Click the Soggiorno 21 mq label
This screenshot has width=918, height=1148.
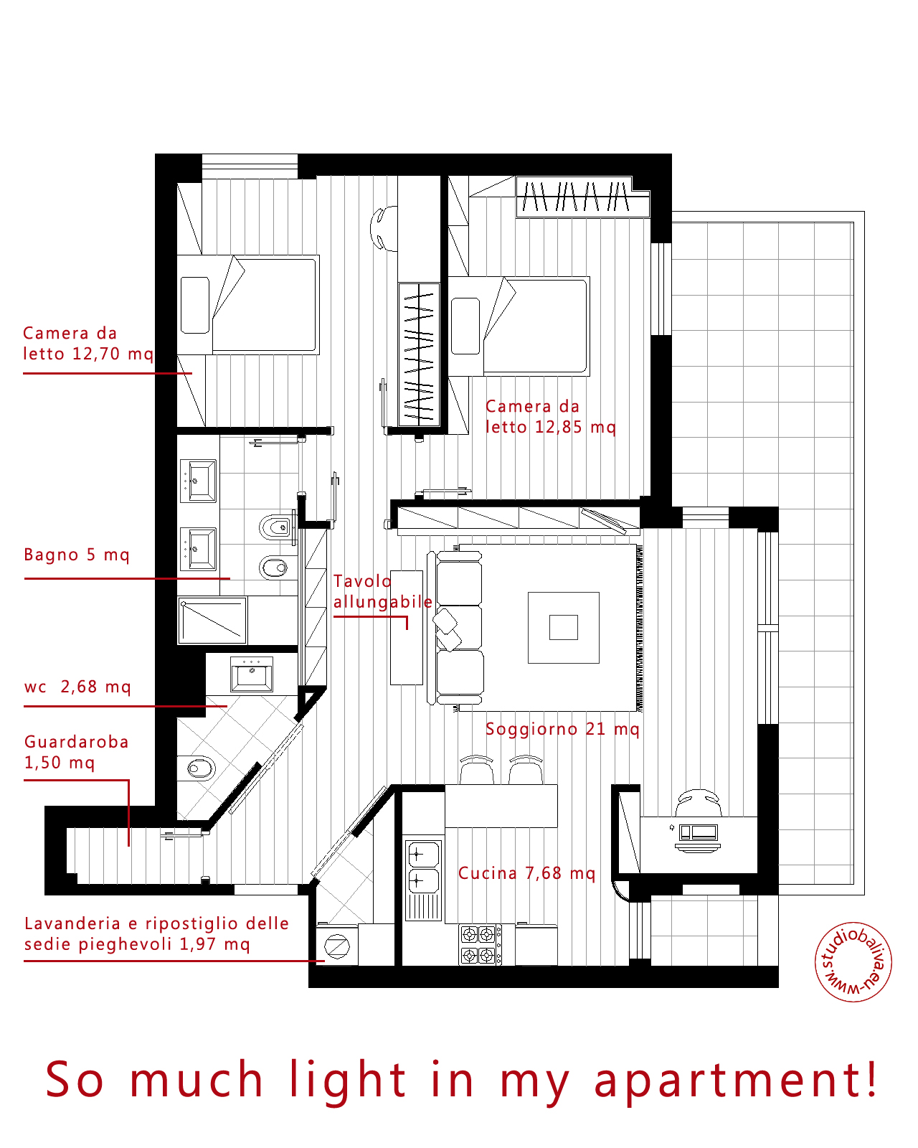click(562, 729)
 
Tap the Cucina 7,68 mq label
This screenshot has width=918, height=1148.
click(526, 873)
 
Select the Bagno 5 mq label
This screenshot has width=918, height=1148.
click(77, 555)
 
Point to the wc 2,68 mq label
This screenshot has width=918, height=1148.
click(77, 687)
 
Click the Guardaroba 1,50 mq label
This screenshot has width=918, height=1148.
click(76, 752)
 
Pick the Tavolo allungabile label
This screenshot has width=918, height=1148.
click(382, 592)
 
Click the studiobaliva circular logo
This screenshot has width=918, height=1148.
click(853, 962)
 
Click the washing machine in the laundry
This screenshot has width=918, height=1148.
click(336, 945)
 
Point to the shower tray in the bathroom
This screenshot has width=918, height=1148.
click(212, 620)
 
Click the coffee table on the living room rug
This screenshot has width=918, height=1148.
click(563, 627)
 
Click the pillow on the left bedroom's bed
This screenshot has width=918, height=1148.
click(194, 305)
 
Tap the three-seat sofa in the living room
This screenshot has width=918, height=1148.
click(456, 627)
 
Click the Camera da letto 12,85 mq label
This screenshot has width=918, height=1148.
click(550, 416)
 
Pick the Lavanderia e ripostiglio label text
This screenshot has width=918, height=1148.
click(156, 933)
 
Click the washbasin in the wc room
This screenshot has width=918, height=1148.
click(251, 674)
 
